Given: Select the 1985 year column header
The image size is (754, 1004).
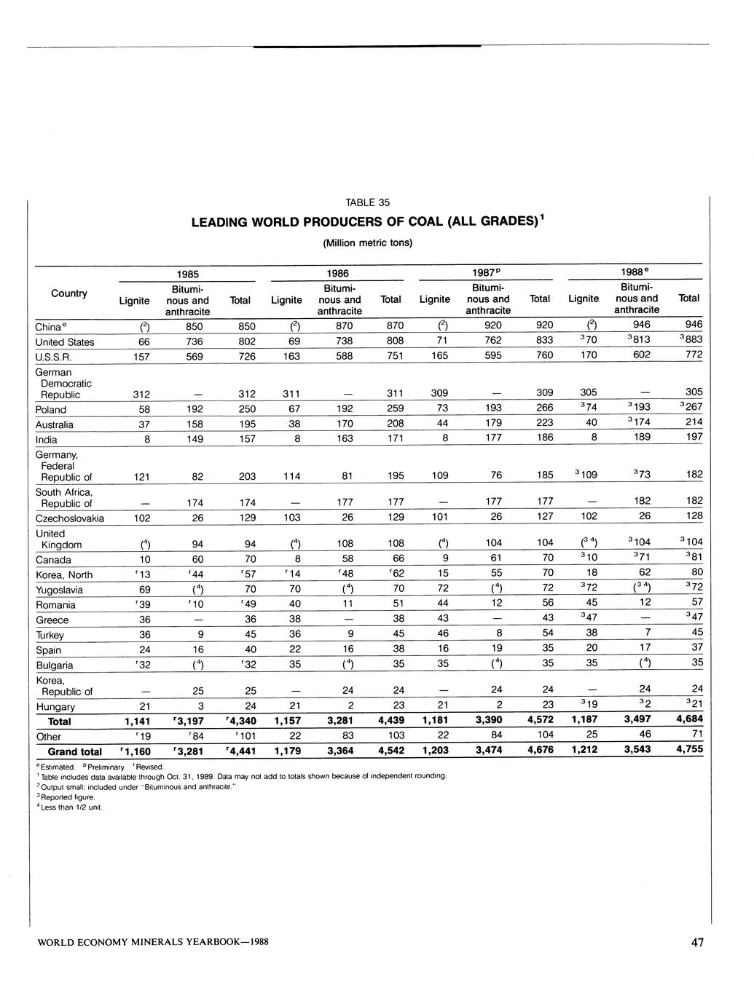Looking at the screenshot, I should click(188, 274).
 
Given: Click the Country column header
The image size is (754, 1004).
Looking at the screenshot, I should click(69, 293).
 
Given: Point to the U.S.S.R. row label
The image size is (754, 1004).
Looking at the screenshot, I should click(52, 357).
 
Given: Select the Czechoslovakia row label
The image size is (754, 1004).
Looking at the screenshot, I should click(70, 518).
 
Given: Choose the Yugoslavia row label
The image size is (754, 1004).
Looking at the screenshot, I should click(59, 590).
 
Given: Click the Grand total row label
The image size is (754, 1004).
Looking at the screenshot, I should click(74, 751).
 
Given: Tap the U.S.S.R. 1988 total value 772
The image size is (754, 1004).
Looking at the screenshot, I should click(694, 355).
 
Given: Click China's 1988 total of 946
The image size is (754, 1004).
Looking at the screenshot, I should click(694, 324).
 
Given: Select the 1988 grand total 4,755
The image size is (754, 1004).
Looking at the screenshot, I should click(689, 749).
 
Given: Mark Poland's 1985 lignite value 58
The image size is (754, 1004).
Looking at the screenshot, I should click(143, 409).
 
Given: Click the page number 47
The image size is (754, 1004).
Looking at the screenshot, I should click(697, 943).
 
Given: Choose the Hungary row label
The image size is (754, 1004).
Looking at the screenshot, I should click(55, 706).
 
